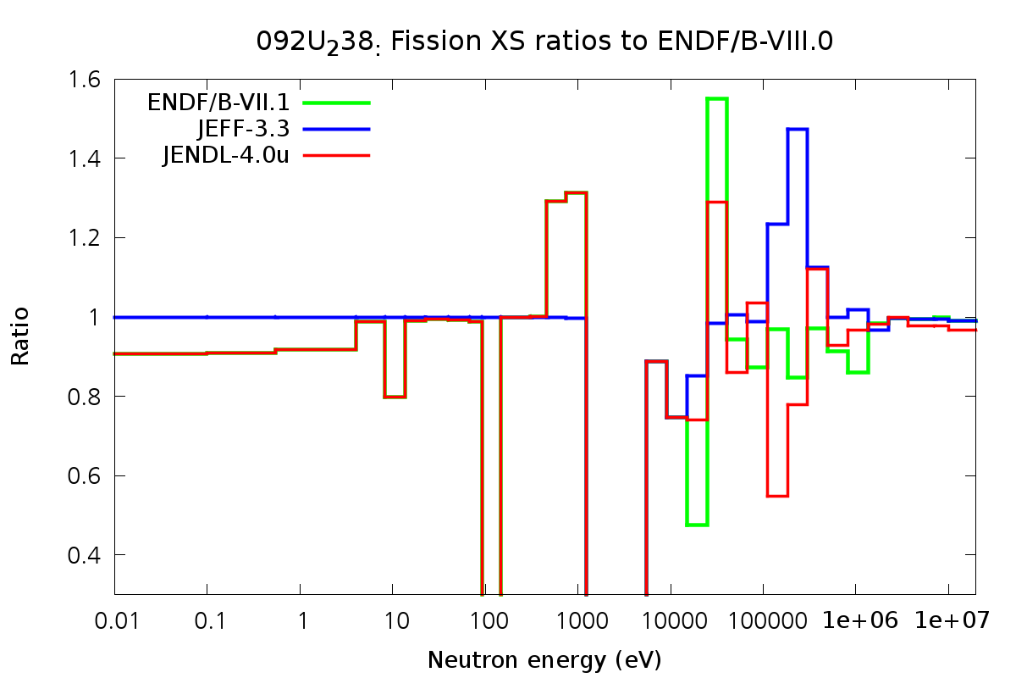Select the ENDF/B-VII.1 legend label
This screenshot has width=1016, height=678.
pos(218,103)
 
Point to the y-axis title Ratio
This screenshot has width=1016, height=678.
pos(20,336)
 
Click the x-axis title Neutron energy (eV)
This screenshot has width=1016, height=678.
pos(544,659)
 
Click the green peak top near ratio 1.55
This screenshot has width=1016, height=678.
pos(717,99)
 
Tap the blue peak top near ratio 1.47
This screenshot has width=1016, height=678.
pos(798,130)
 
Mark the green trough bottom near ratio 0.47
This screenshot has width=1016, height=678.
pos(697,525)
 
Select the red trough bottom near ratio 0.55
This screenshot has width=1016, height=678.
pos(777,496)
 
